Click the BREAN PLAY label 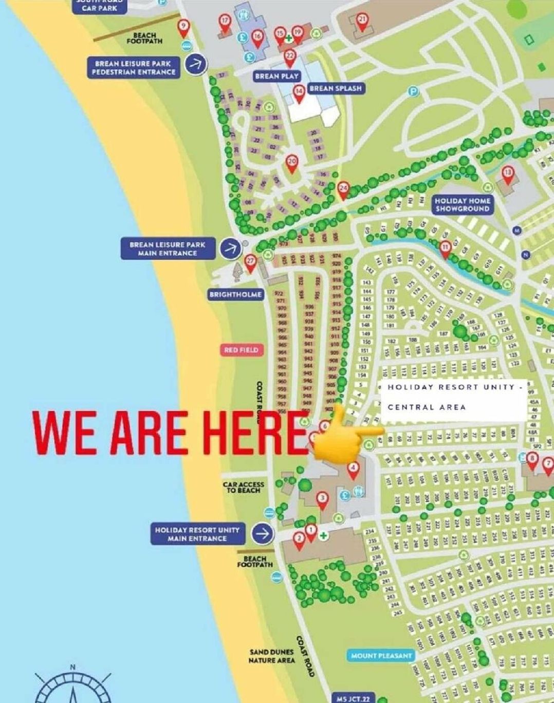[276, 76]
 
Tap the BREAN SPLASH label [335, 88]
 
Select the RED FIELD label [241, 350]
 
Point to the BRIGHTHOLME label [236, 295]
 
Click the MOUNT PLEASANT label [381, 655]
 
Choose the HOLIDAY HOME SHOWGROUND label [462, 205]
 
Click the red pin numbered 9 [183, 28]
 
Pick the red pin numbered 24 [343, 189]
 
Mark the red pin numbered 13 [508, 174]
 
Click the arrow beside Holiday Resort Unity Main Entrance [263, 534]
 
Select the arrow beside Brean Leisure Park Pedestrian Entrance [196, 64]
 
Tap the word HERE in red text [252, 432]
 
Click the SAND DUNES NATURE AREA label [272, 656]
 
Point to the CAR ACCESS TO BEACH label [244, 487]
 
